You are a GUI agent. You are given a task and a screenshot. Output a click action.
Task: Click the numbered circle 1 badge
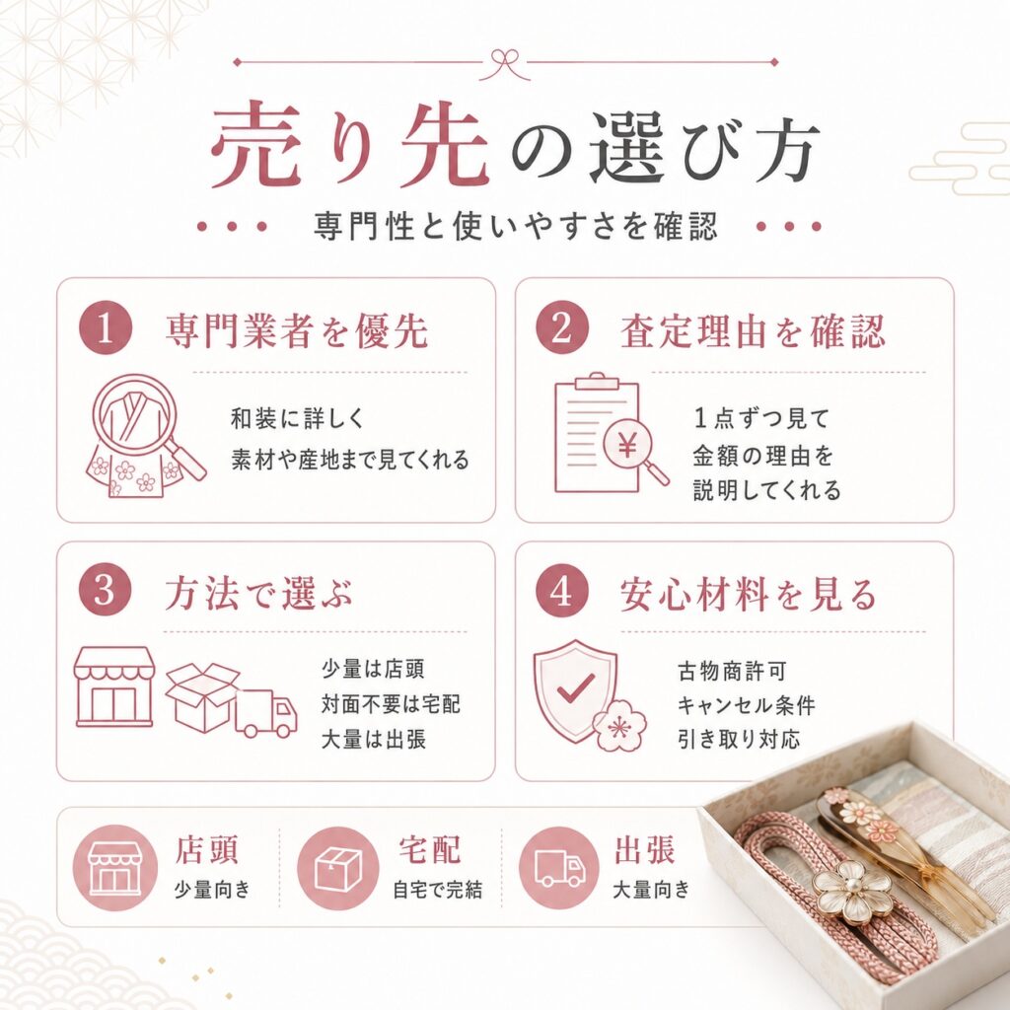tap(105, 327)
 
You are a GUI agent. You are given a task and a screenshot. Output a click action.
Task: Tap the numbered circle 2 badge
tap(561, 327)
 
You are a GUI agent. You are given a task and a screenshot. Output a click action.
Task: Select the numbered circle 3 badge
tap(105, 590)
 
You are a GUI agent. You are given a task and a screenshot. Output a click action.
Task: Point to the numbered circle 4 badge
tap(561, 590)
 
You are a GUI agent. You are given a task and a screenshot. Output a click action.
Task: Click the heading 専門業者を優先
tap(297, 330)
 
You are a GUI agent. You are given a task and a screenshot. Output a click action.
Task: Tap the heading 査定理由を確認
tap(753, 330)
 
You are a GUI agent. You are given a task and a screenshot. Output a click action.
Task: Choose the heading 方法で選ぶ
tap(259, 593)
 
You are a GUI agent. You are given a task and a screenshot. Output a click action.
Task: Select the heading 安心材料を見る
tap(748, 593)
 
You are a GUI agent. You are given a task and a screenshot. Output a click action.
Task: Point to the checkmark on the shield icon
tap(576, 687)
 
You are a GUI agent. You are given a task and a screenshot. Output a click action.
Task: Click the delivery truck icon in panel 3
tap(265, 713)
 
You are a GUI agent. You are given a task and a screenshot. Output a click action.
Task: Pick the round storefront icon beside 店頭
tap(114, 867)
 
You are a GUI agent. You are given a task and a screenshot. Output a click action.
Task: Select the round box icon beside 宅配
tap(338, 867)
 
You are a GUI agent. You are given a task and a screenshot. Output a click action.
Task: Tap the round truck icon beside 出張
tap(560, 867)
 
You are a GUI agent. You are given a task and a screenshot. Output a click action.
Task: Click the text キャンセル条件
tap(746, 705)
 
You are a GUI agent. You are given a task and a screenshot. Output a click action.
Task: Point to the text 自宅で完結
tap(437, 891)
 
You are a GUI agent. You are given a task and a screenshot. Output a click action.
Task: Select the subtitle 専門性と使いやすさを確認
tap(515, 226)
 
